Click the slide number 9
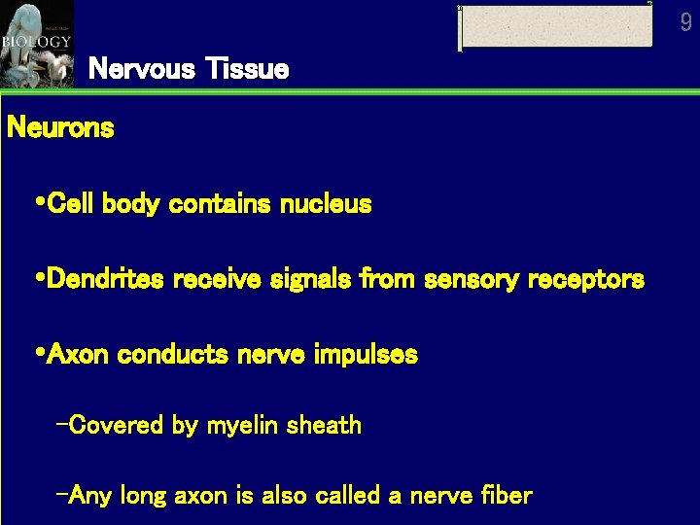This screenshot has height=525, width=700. click(x=685, y=21)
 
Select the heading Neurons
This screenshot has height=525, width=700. click(x=60, y=127)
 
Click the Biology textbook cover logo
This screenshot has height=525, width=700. click(x=36, y=43)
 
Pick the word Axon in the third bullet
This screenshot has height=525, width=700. click(x=78, y=355)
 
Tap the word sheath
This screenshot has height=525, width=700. click(x=325, y=425)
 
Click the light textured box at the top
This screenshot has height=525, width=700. click(x=555, y=26)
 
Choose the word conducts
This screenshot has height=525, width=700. click(x=170, y=355)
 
